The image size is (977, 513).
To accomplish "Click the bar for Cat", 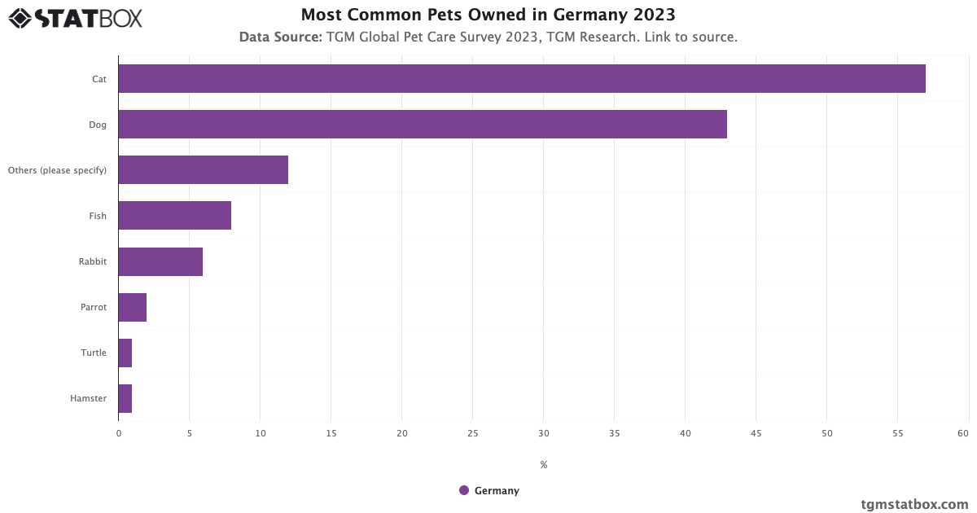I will pyautogui.click(x=521, y=79).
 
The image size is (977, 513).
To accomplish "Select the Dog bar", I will pyautogui.click(x=422, y=125).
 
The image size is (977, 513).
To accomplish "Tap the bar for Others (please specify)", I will pyautogui.click(x=203, y=170).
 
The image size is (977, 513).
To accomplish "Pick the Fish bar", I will pyautogui.click(x=174, y=216).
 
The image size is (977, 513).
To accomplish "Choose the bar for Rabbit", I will pyautogui.click(x=160, y=261).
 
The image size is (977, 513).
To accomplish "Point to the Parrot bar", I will pyautogui.click(x=132, y=307).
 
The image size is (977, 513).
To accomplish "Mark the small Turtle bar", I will pyautogui.click(x=125, y=353).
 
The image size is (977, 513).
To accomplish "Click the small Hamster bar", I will pyautogui.click(x=125, y=398).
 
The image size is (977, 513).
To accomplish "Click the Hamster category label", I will pyautogui.click(x=88, y=398).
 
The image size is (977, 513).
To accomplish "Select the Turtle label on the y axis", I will pyautogui.click(x=93, y=353).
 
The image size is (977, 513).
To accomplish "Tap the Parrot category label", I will pyautogui.click(x=93, y=307).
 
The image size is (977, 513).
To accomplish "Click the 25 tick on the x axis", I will pyautogui.click(x=472, y=433).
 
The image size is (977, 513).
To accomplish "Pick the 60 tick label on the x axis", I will pyautogui.click(x=963, y=433).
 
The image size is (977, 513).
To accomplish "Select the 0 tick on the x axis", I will pyautogui.click(x=119, y=433).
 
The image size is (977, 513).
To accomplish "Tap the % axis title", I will pyautogui.click(x=543, y=465).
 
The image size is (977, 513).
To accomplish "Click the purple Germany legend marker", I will pyautogui.click(x=464, y=490).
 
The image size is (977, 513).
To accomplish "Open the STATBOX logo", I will pyautogui.click(x=76, y=18).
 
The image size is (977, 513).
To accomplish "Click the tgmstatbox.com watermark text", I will pyautogui.click(x=914, y=504).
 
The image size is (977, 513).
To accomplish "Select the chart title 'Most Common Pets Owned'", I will pyautogui.click(x=488, y=15).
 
